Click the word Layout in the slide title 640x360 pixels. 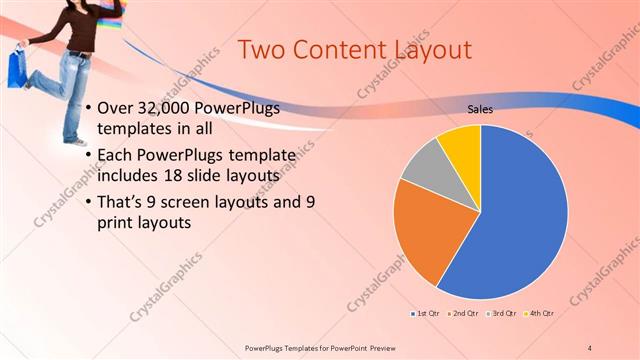coord(421,49)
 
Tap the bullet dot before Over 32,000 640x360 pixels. coord(89,108)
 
